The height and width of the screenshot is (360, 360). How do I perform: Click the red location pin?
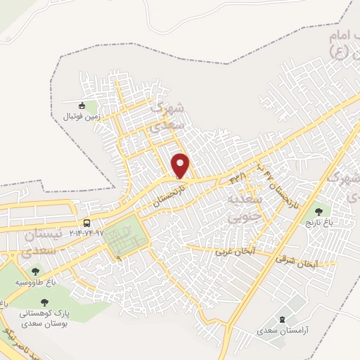(x=181, y=165)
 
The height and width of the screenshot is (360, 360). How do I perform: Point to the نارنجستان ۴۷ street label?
(x=281, y=185)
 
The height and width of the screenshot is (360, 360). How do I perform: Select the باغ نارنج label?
(x=319, y=223)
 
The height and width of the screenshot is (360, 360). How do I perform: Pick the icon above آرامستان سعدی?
(x=283, y=318)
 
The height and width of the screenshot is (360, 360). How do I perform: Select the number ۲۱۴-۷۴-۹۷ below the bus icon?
(x=86, y=232)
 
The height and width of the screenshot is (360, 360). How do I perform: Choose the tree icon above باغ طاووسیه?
(x=35, y=271)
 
